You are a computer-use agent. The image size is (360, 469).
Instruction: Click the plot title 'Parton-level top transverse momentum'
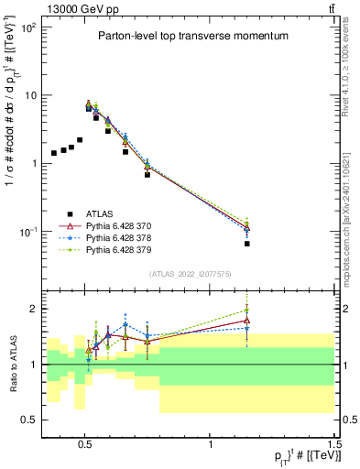[193, 36]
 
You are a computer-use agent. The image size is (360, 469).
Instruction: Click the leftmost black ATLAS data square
[54, 153]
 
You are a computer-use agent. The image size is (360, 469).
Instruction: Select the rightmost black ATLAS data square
[247, 244]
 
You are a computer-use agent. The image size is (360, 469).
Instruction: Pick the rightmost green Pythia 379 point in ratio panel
[247, 311]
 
